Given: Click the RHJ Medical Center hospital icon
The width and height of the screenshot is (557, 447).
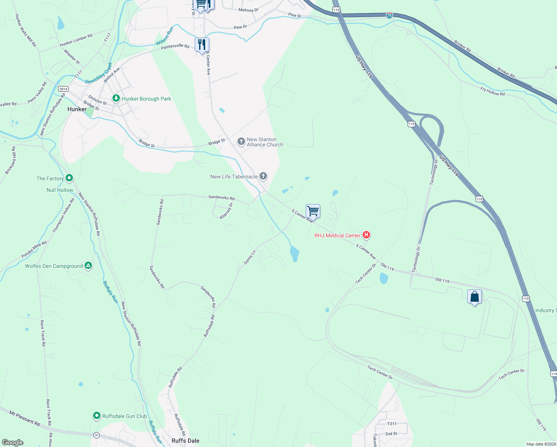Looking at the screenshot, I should pos(366,235).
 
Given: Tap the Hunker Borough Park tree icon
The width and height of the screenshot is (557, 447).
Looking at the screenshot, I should pos(116,98).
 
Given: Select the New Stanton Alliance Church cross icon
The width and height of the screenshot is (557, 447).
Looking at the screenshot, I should pos(241,142).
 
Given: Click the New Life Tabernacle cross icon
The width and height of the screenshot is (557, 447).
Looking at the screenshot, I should pos(263,176).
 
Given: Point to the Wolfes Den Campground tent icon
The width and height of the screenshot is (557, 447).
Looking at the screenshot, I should pos(88,266).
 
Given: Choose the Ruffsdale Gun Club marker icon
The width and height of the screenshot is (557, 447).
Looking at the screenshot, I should pos(97,415).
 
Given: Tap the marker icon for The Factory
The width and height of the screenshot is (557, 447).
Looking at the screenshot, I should pos(69,178).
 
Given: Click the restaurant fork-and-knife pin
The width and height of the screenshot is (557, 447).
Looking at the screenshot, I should pos(201,45).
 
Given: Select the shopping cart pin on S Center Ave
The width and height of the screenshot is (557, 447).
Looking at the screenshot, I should pos(313,211).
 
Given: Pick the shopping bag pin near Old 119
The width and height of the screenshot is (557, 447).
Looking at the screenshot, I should pos(474,297).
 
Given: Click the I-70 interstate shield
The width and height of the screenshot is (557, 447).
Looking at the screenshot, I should pos(389,15).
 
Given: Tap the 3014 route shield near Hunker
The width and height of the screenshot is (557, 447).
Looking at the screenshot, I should pos(63,89).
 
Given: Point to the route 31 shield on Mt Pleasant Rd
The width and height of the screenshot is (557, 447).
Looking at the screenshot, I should pos(96,435).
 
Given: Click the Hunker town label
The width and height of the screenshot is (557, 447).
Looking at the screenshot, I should pos(77,109).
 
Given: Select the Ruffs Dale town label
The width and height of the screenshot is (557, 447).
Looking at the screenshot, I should pos(185,441).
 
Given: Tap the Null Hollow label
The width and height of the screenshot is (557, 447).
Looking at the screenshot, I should pos(60,190).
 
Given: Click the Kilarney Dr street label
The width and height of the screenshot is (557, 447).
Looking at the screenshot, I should pos(226,211).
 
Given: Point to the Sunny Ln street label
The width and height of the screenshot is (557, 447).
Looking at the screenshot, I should pos(249,257).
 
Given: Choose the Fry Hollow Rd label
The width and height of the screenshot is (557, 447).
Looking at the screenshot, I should pos(492,91).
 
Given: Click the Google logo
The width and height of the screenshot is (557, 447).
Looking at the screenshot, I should pos(13,443).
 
